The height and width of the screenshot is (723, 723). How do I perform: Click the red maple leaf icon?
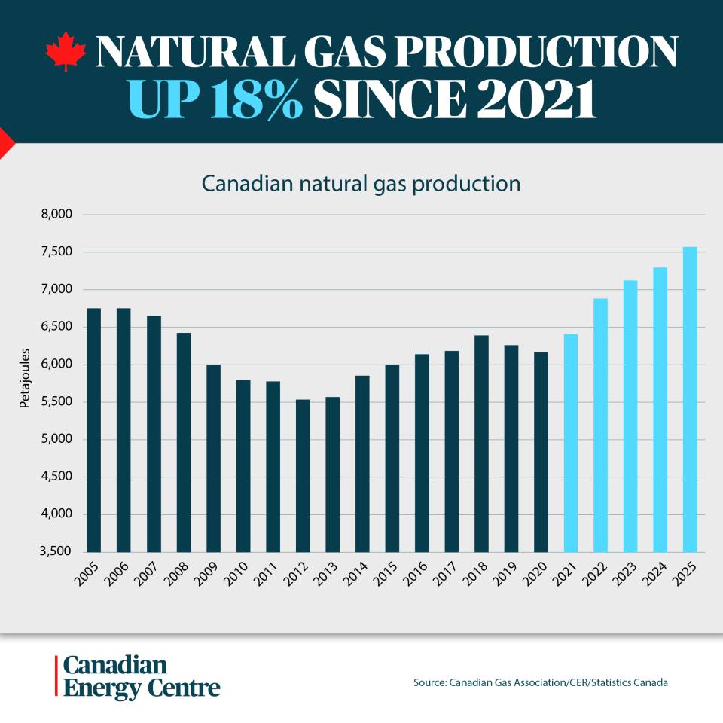66,50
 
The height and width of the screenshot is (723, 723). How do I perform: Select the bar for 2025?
690,399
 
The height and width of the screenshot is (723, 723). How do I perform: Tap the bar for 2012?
303,476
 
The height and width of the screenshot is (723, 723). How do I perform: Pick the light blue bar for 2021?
571,443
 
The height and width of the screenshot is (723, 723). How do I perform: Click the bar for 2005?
94,430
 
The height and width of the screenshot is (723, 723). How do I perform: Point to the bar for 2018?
481,444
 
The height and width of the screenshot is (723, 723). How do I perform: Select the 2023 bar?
630,416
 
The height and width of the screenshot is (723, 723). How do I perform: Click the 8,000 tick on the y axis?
56,215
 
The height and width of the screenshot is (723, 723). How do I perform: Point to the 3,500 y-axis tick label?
56,551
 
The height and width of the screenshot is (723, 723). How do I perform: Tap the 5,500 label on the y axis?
56,401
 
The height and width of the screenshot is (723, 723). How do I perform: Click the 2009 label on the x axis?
206,574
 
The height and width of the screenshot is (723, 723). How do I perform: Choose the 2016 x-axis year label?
414,574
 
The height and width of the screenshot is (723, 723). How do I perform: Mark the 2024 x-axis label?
654,574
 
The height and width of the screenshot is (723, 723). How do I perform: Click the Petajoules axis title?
24,378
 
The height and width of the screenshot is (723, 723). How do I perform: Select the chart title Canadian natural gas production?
361,184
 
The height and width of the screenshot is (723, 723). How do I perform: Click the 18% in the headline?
256,99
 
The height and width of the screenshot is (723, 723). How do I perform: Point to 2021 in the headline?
536,99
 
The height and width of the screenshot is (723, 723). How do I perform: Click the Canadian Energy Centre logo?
138,676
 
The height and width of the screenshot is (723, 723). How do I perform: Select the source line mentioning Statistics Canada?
541,682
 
